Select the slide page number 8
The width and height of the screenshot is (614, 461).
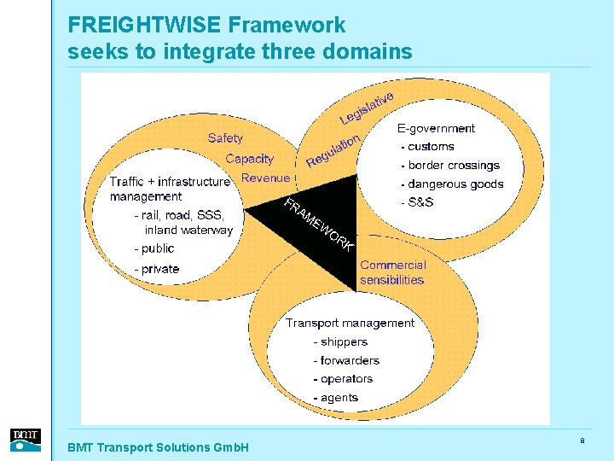(x=582, y=441)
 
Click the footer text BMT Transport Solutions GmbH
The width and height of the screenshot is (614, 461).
(x=158, y=447)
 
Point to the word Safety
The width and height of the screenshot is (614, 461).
(x=225, y=138)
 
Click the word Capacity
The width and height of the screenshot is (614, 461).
(x=249, y=159)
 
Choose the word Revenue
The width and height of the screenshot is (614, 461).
(x=265, y=178)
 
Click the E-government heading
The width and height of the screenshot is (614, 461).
(x=436, y=129)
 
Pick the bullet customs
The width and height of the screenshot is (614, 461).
(x=430, y=147)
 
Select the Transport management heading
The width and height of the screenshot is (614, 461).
(x=350, y=324)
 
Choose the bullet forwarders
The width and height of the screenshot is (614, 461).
(x=349, y=360)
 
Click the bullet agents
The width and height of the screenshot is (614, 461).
(x=339, y=398)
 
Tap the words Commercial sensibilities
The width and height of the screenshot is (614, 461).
(x=392, y=272)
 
